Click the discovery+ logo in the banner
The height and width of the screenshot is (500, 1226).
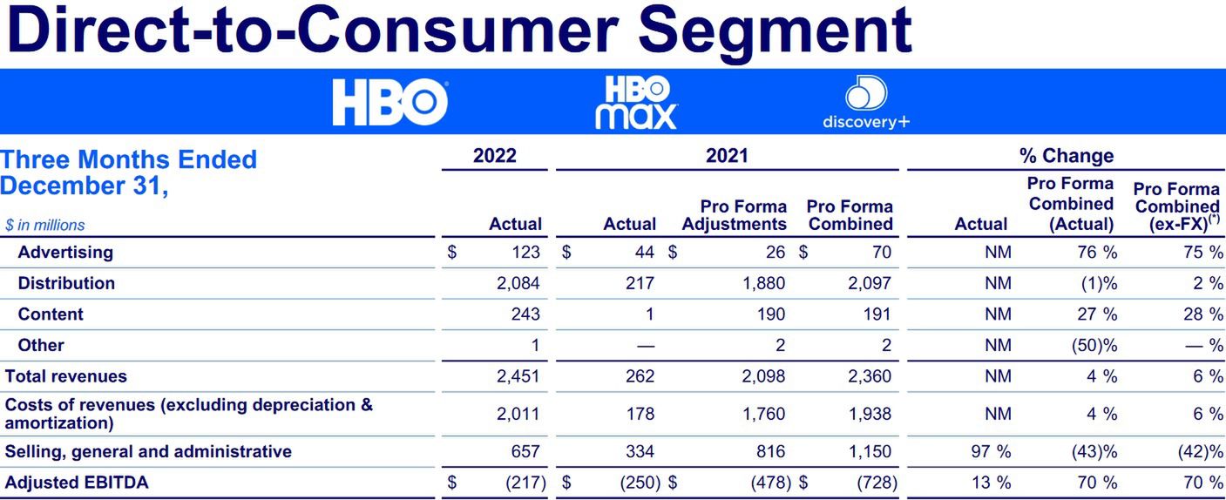[x=865, y=102]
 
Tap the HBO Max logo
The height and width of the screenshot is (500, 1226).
[x=636, y=102]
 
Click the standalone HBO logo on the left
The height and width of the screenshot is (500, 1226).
[x=389, y=102]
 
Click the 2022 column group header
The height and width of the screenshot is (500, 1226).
[x=494, y=156]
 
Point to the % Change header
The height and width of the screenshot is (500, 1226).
[x=1067, y=156]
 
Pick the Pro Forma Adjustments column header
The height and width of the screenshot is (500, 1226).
[x=734, y=215]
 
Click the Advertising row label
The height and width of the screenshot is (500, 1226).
[x=65, y=253]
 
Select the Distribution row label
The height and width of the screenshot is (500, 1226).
[x=66, y=283]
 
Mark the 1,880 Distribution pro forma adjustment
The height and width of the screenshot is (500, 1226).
[x=763, y=283]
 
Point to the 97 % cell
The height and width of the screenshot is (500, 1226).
[x=992, y=451]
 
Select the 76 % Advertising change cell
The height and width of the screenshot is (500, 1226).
[x=1096, y=253]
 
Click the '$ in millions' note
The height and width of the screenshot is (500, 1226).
[x=45, y=225]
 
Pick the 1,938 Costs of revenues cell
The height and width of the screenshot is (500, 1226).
[x=870, y=414]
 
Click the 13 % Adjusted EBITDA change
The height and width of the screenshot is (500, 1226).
[x=992, y=482]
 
